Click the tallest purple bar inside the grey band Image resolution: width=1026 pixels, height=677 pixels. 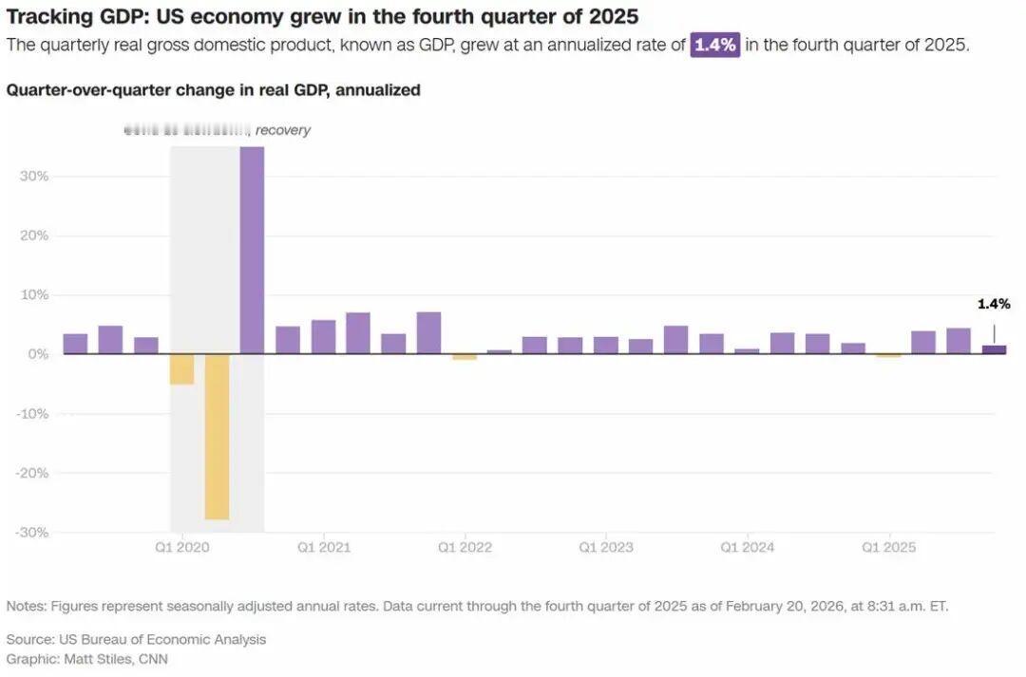[252, 250]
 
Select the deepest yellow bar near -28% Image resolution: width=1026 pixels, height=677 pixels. [217, 437]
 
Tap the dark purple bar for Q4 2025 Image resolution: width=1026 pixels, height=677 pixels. [994, 349]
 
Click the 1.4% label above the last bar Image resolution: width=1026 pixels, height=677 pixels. [994, 305]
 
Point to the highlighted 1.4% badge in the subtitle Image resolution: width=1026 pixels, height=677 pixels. [714, 46]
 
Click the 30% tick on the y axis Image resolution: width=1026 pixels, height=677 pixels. [34, 177]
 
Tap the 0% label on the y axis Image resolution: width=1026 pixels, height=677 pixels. [38, 354]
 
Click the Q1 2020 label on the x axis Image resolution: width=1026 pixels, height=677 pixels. [181, 548]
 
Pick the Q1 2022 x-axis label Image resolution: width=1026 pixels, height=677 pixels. [465, 548]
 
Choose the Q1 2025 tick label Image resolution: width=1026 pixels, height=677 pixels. [888, 548]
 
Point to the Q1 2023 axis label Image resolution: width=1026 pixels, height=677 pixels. [606, 548]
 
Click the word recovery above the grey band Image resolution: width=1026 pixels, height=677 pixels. [283, 130]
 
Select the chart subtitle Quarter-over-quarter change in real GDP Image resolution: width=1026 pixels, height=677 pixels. [213, 90]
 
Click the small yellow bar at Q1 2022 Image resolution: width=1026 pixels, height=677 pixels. [465, 357]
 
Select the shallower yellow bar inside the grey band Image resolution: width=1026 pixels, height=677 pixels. [181, 369]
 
